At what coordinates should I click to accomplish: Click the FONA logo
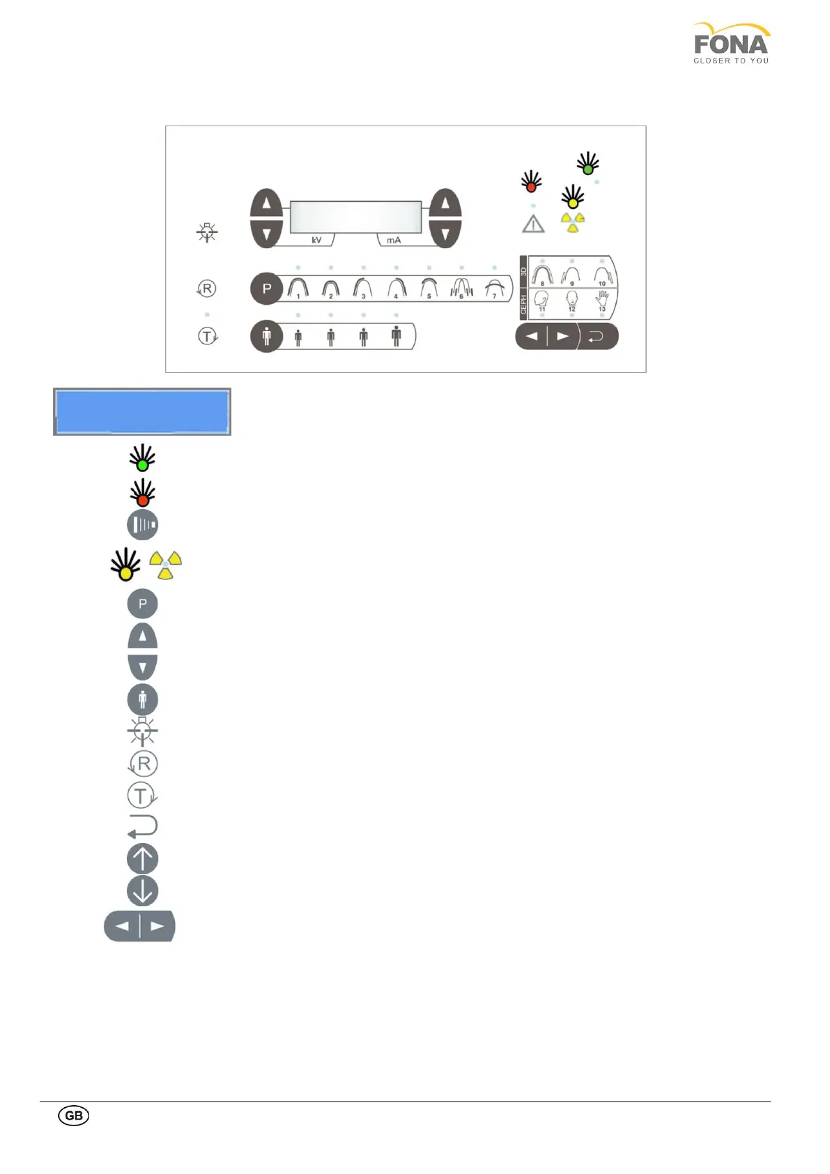coord(731,43)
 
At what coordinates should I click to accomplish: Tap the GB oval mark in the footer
coord(73,1115)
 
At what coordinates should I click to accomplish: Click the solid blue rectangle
coord(142,412)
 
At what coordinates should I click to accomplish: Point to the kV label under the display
coord(316,240)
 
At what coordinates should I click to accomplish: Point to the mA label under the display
coord(394,240)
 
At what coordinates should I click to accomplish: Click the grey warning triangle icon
coord(533,224)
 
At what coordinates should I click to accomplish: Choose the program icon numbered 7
coord(495,288)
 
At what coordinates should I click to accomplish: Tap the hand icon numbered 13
coord(602,300)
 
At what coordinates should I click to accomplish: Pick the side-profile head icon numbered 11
coord(542,300)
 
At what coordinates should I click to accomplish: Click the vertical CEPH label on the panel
coord(524,303)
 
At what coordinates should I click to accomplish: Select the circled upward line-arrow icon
coord(143,859)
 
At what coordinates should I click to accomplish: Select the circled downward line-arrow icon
coord(143,891)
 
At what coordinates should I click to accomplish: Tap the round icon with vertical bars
coord(143,524)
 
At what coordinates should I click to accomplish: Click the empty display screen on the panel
coord(355,217)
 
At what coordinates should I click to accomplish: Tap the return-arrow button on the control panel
coord(597,337)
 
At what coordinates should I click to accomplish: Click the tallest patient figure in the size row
coord(397,336)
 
